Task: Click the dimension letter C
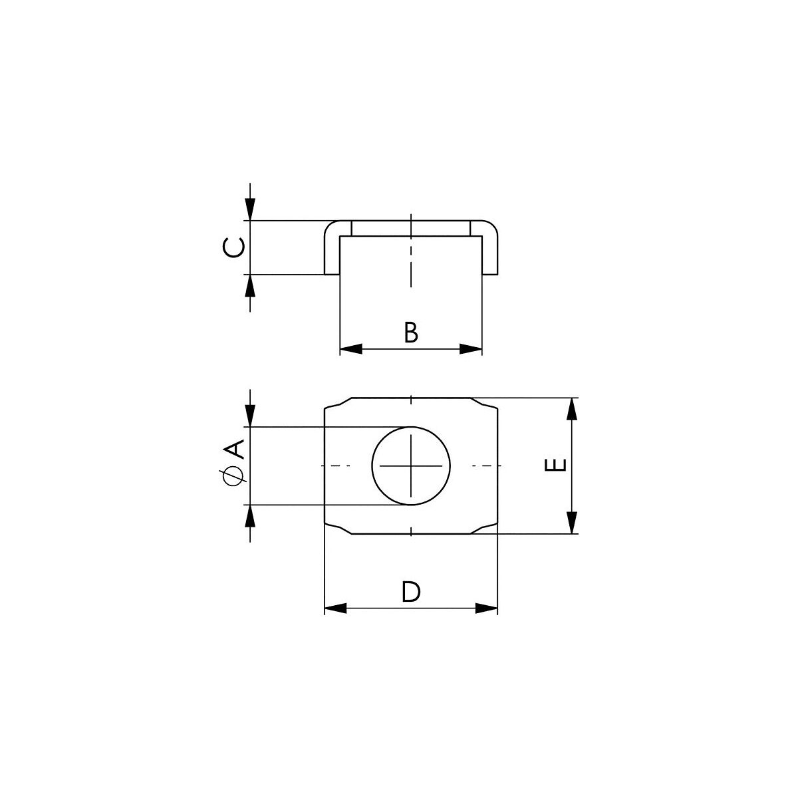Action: (x=233, y=247)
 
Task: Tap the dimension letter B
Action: (x=411, y=332)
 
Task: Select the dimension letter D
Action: (x=411, y=592)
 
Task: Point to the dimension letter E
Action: (x=556, y=465)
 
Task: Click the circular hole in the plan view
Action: (x=411, y=466)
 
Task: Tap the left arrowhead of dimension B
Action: (x=350, y=348)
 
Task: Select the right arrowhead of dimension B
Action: (x=471, y=348)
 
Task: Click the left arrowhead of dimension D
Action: (x=335, y=608)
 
